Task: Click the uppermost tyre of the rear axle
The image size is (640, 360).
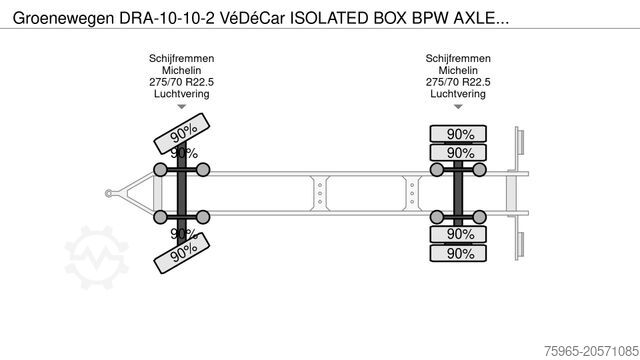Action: [460, 134]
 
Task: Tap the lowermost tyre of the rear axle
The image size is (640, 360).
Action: [460, 253]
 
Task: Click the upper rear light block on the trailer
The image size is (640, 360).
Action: [520, 141]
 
